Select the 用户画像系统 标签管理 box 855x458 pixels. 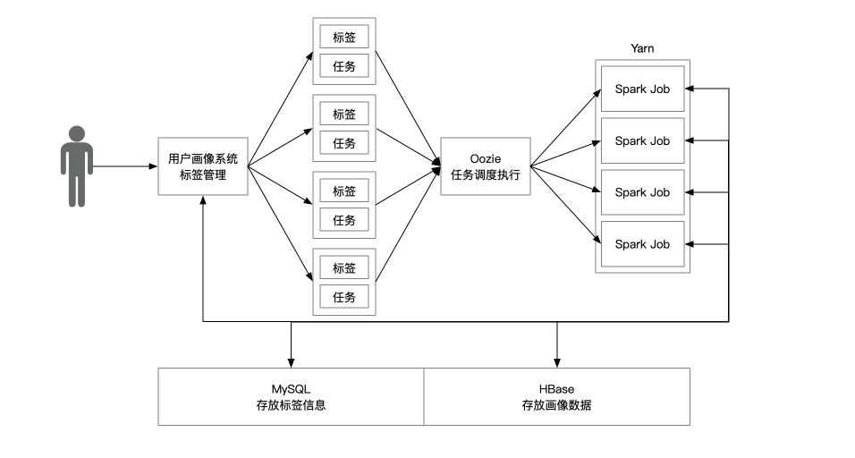point(203,166)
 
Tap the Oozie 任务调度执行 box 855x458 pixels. point(486,166)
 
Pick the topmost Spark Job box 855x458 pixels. point(642,89)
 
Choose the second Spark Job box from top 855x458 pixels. point(642,140)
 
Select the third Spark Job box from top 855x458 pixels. point(642,192)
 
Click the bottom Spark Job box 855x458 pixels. point(642,244)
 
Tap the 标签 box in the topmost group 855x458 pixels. point(344,38)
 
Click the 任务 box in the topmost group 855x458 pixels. point(344,65)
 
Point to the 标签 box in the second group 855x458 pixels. point(344,114)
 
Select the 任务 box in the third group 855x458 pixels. point(344,219)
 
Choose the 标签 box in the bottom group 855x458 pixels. point(344,268)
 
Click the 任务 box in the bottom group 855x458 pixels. point(344,296)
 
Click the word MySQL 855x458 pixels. point(291,388)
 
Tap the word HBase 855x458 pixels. point(556,388)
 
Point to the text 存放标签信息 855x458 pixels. point(291,405)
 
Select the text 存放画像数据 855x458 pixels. point(556,405)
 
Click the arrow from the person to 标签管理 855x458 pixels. point(125,166)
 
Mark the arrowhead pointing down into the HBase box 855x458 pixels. point(557,361)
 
